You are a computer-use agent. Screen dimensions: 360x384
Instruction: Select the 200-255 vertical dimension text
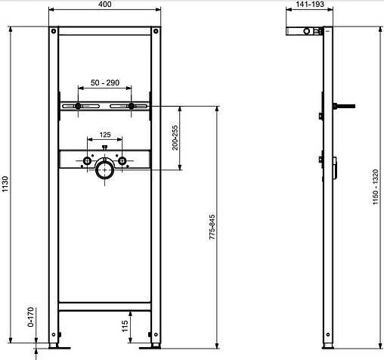pos(175,138)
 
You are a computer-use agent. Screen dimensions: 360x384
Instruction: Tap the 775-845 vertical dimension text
pos(212,225)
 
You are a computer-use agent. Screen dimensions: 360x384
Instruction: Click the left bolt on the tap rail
pos(78,107)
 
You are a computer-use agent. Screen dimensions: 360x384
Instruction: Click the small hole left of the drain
pos(88,162)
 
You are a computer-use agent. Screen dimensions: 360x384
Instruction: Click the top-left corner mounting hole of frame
pos(52,33)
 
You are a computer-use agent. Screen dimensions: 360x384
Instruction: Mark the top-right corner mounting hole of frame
pos(156,33)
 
